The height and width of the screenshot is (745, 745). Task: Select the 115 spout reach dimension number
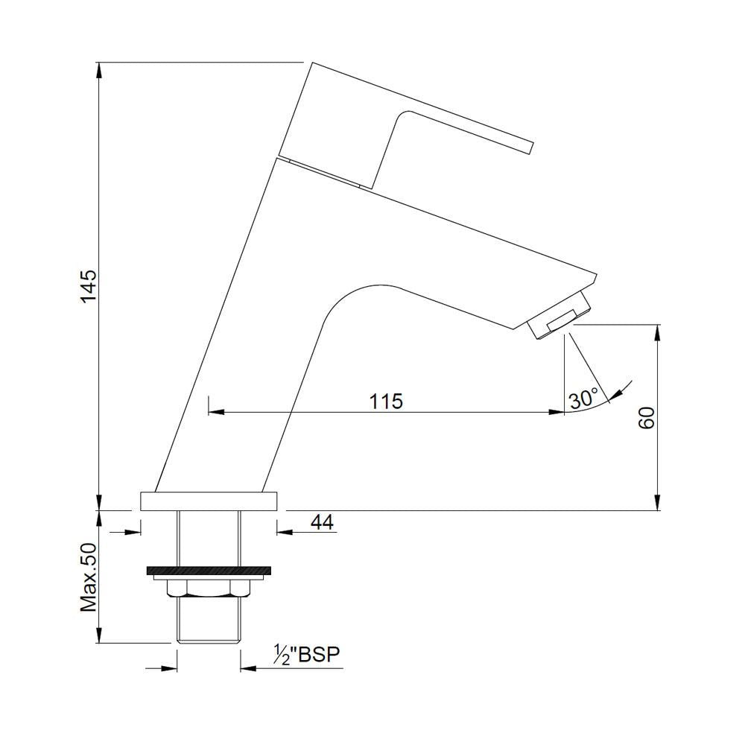[386, 401]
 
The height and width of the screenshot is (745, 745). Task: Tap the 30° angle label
[583, 399]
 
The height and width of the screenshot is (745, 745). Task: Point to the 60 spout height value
[647, 418]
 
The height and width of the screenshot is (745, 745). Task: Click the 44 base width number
[321, 522]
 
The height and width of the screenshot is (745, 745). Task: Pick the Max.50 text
[89, 577]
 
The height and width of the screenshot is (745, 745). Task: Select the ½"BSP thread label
[306, 655]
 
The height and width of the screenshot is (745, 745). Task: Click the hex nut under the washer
[208, 589]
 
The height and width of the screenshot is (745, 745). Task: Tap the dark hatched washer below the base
[208, 571]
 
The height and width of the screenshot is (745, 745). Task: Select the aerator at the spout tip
[559, 320]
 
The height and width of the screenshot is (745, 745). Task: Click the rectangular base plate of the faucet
[208, 501]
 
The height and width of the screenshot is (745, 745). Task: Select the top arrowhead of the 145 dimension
[98, 69]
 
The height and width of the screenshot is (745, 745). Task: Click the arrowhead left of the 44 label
[284, 531]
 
